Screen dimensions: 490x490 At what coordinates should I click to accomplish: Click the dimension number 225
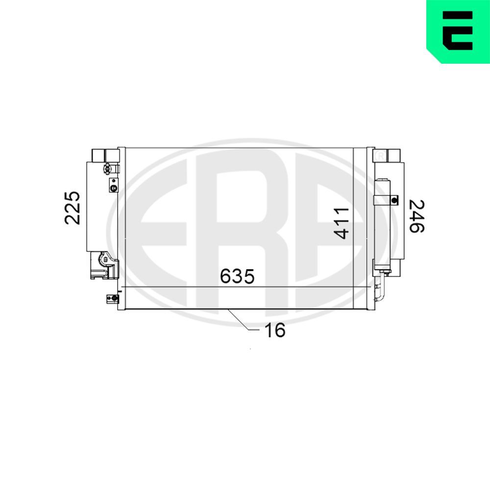(72, 207)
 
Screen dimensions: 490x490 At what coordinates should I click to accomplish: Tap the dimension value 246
(416, 216)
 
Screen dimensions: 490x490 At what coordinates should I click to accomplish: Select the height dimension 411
(342, 223)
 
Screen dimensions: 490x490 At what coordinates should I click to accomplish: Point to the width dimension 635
(237, 276)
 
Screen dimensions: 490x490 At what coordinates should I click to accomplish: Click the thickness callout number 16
(274, 331)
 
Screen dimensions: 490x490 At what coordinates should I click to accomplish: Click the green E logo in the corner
(458, 30)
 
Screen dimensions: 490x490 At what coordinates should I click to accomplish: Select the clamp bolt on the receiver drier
(394, 199)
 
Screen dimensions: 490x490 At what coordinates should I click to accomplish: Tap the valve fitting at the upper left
(107, 170)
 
